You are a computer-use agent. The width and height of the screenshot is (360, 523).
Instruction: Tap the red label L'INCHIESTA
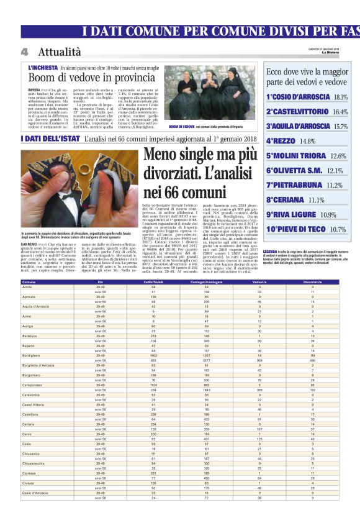(43, 67)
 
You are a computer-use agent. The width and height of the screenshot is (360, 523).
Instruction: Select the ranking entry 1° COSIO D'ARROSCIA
(299, 97)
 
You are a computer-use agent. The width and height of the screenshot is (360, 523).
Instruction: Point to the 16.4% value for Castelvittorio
(340, 112)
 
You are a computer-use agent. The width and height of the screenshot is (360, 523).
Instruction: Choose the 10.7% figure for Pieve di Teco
(338, 229)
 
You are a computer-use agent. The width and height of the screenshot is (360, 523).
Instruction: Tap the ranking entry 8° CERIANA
(287, 199)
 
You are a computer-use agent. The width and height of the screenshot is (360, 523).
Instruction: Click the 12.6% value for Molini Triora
(338, 156)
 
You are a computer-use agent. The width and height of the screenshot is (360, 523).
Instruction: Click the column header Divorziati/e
(312, 281)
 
